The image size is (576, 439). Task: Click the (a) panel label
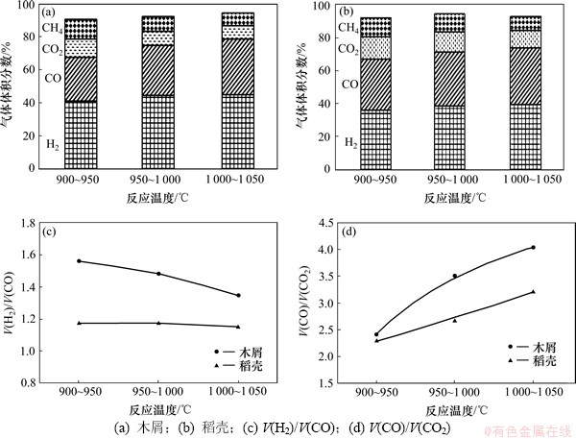(x=48, y=13)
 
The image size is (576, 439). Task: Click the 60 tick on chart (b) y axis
(x=322, y=70)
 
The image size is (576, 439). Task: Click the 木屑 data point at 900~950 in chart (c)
(x=79, y=261)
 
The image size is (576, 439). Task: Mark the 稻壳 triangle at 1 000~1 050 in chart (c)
(x=238, y=327)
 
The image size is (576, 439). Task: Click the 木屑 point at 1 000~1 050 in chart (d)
(x=533, y=248)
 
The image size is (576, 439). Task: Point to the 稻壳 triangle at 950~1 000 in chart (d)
(x=454, y=320)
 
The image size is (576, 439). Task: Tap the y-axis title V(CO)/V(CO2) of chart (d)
(x=301, y=298)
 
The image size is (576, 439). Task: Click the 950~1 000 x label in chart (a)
(x=158, y=181)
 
